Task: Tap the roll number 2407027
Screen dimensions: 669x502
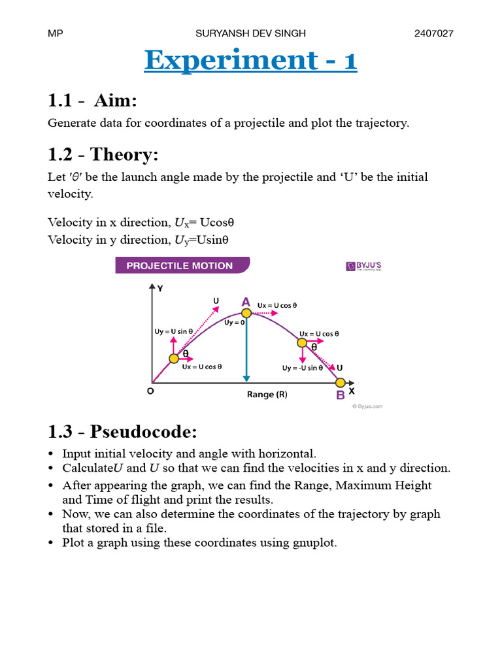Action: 433,33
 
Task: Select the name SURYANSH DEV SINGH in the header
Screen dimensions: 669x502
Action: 250,33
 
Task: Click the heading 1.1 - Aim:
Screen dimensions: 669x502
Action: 92,101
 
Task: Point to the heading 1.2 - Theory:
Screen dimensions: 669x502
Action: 103,155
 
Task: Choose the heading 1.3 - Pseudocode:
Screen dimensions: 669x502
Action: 122,432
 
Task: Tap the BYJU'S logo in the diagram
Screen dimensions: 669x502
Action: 364,266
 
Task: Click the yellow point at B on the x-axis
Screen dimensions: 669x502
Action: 340,383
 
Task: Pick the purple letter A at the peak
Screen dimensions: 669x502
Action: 246,302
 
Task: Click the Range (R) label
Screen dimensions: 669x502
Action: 267,395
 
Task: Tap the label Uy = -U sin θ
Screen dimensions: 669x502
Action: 303,368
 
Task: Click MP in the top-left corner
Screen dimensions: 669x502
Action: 55,33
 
